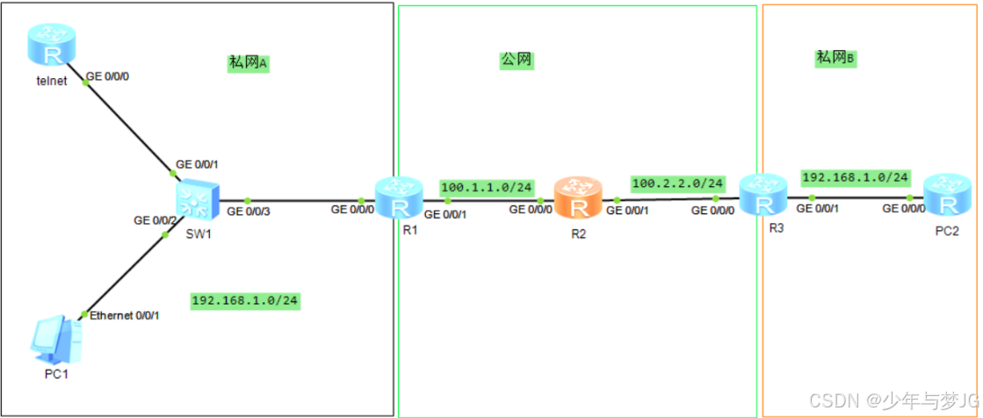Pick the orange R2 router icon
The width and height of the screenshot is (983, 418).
578,200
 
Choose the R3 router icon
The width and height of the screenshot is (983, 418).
761,197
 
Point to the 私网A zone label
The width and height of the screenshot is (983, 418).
247,62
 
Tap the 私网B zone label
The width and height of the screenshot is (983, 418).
835,58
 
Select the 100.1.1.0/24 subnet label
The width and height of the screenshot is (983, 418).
488,187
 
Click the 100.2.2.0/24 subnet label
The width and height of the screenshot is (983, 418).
677,184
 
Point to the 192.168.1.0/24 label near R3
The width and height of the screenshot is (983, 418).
855,177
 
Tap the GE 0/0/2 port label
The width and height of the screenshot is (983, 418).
155,220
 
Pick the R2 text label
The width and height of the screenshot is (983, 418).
577,234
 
